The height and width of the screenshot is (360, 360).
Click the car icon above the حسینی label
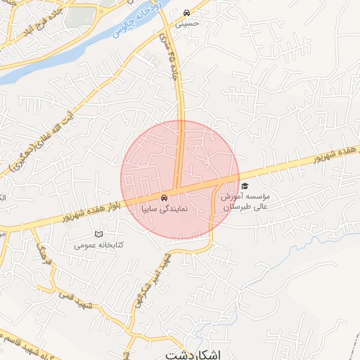pyautogui.click(x=186, y=13)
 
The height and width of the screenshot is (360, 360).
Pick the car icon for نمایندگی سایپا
pyautogui.click(x=164, y=198)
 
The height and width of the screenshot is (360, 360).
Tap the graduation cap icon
pyautogui.click(x=245, y=186)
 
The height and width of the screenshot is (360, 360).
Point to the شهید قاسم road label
pyautogui.click(x=28, y=351)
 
